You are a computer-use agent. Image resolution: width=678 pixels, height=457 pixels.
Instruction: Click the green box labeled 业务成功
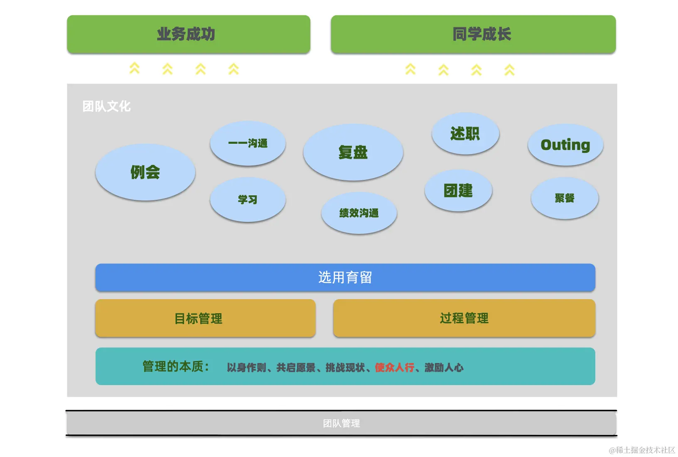[189, 34]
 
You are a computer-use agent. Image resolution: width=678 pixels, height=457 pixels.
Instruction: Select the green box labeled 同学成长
[473, 34]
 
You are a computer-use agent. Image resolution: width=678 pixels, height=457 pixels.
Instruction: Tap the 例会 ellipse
[145, 172]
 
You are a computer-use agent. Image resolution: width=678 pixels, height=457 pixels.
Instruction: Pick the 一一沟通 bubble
[248, 143]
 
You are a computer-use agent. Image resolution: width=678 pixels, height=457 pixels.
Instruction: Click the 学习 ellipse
[248, 199]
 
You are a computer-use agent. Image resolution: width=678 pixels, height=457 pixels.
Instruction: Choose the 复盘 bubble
[353, 152]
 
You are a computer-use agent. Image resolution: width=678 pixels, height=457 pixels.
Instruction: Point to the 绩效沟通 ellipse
[359, 213]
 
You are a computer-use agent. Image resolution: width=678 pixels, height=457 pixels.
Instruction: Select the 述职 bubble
[465, 134]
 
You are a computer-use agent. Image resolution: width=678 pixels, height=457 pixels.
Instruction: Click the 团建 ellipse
[458, 191]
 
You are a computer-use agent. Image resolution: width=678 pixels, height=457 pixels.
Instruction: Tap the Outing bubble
[565, 145]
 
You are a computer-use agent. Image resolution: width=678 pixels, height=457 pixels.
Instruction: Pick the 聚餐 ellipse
[565, 198]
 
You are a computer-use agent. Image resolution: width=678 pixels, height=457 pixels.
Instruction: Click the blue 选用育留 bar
[345, 277]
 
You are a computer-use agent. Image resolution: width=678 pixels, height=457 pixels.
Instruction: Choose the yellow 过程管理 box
[464, 318]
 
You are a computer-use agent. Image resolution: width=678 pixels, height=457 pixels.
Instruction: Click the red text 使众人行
[394, 368]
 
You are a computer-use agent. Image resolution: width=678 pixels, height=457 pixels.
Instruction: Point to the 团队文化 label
[106, 106]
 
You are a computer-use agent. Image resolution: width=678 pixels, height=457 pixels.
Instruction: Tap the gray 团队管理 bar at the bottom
[341, 423]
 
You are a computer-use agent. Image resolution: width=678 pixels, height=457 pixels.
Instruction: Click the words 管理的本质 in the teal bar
[173, 366]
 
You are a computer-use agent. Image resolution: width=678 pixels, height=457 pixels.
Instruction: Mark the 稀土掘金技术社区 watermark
[642, 450]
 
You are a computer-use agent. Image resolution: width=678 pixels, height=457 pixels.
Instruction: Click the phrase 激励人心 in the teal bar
[444, 368]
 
